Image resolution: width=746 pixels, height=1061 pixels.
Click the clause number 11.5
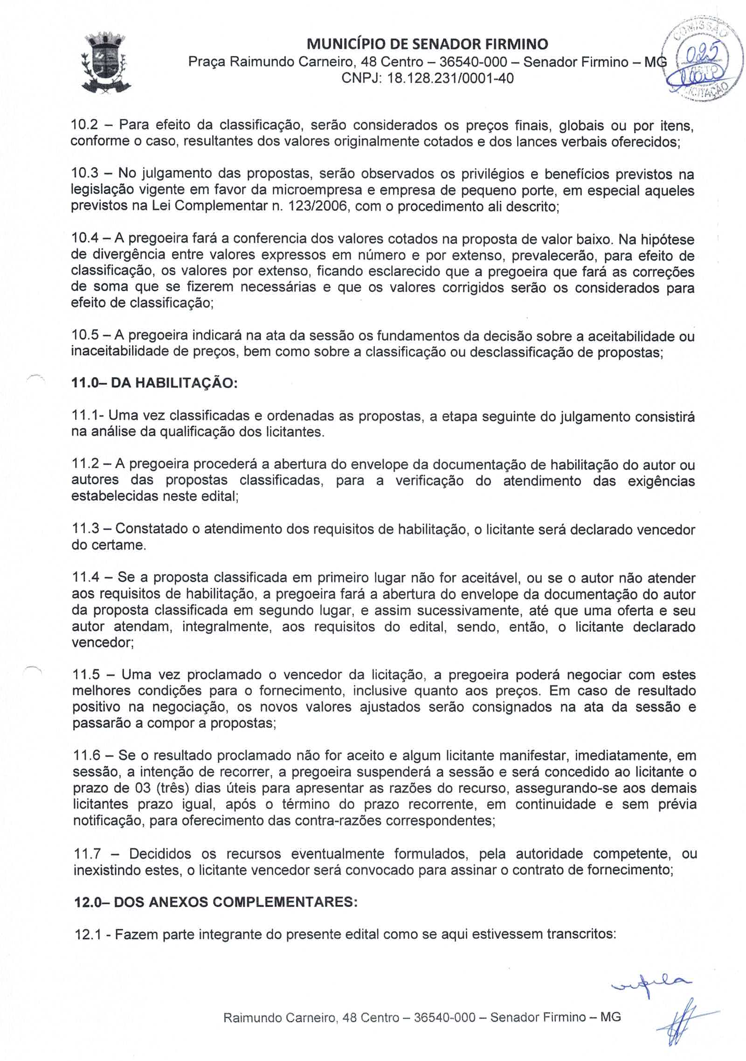(x=86, y=675)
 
